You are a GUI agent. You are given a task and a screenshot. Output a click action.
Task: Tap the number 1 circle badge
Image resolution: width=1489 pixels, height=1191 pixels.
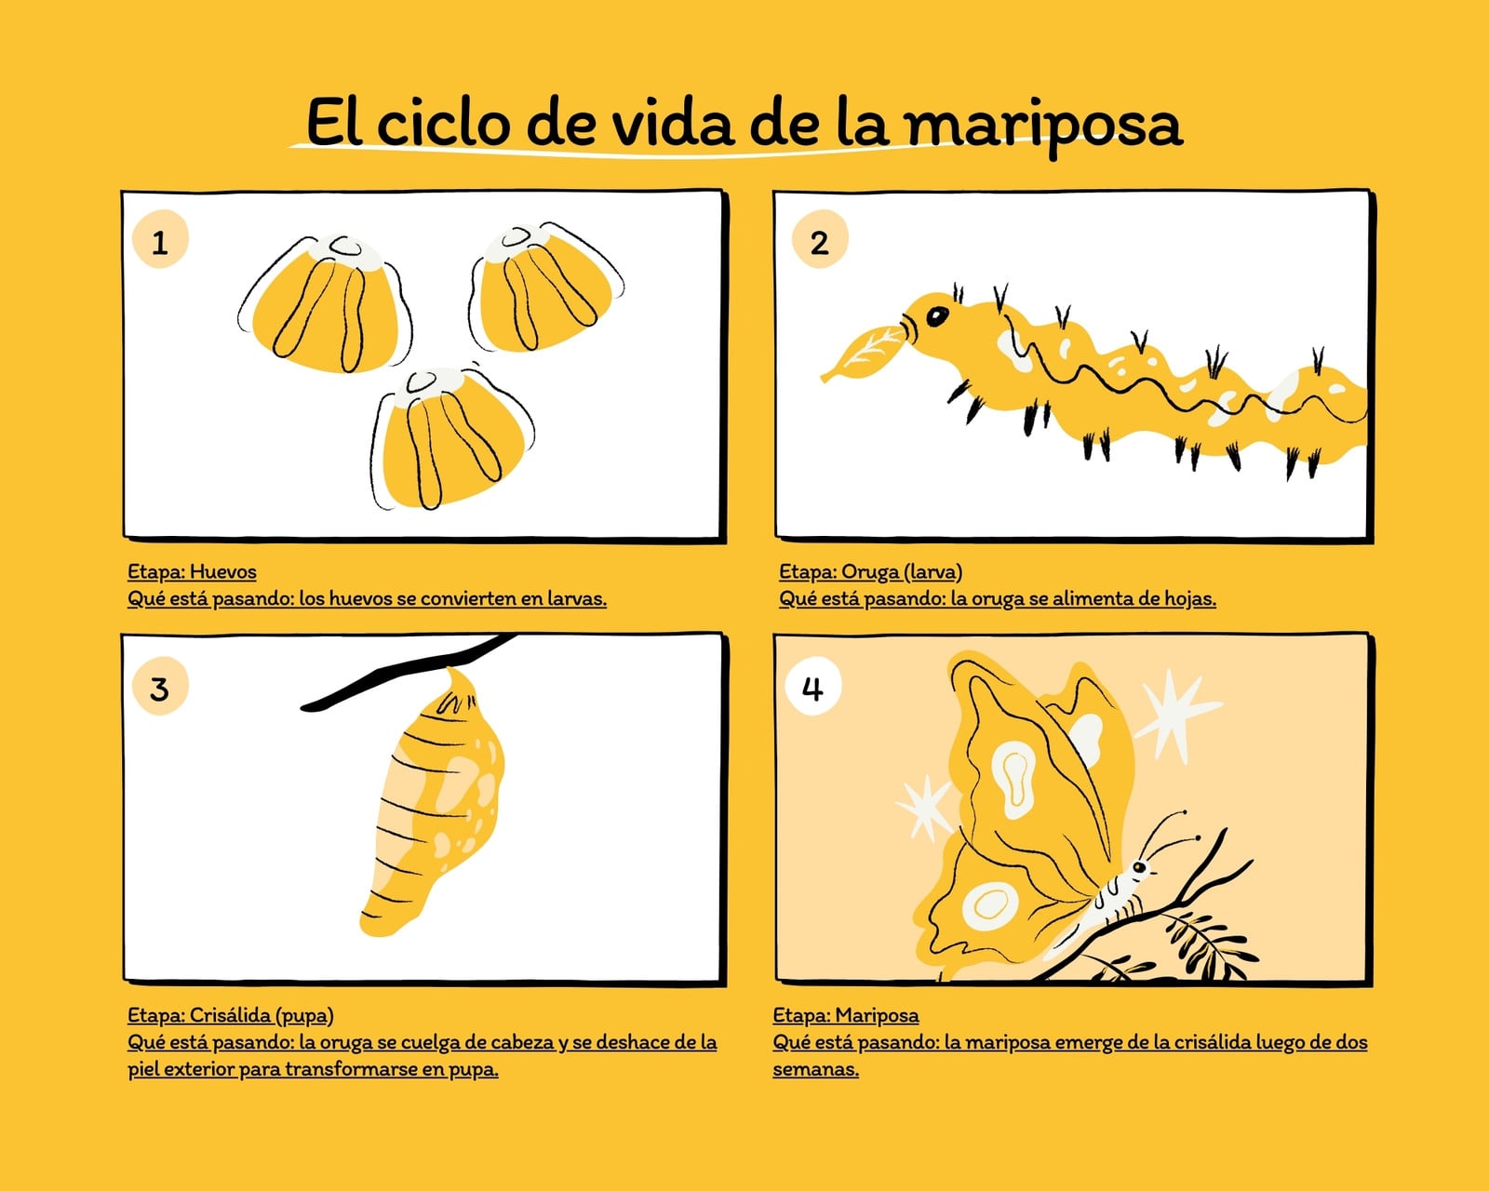[160, 239]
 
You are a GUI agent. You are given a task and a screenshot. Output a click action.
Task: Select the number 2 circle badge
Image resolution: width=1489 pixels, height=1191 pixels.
[820, 239]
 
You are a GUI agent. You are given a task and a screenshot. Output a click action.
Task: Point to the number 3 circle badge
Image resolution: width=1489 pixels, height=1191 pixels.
[160, 687]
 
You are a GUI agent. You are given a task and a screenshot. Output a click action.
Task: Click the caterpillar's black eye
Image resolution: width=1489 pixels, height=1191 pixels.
[937, 316]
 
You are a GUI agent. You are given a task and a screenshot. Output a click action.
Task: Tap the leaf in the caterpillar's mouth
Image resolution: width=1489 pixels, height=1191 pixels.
[863, 354]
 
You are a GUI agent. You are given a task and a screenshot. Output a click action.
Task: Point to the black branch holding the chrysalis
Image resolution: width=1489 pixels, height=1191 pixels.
[409, 671]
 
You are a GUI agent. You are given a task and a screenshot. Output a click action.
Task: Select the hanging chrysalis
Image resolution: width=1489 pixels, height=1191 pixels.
[434, 803]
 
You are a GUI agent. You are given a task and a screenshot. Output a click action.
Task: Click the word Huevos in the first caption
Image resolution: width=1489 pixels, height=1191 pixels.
[222, 572]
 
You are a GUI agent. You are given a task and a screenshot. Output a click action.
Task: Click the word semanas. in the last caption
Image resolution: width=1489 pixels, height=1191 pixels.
[816, 1069]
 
